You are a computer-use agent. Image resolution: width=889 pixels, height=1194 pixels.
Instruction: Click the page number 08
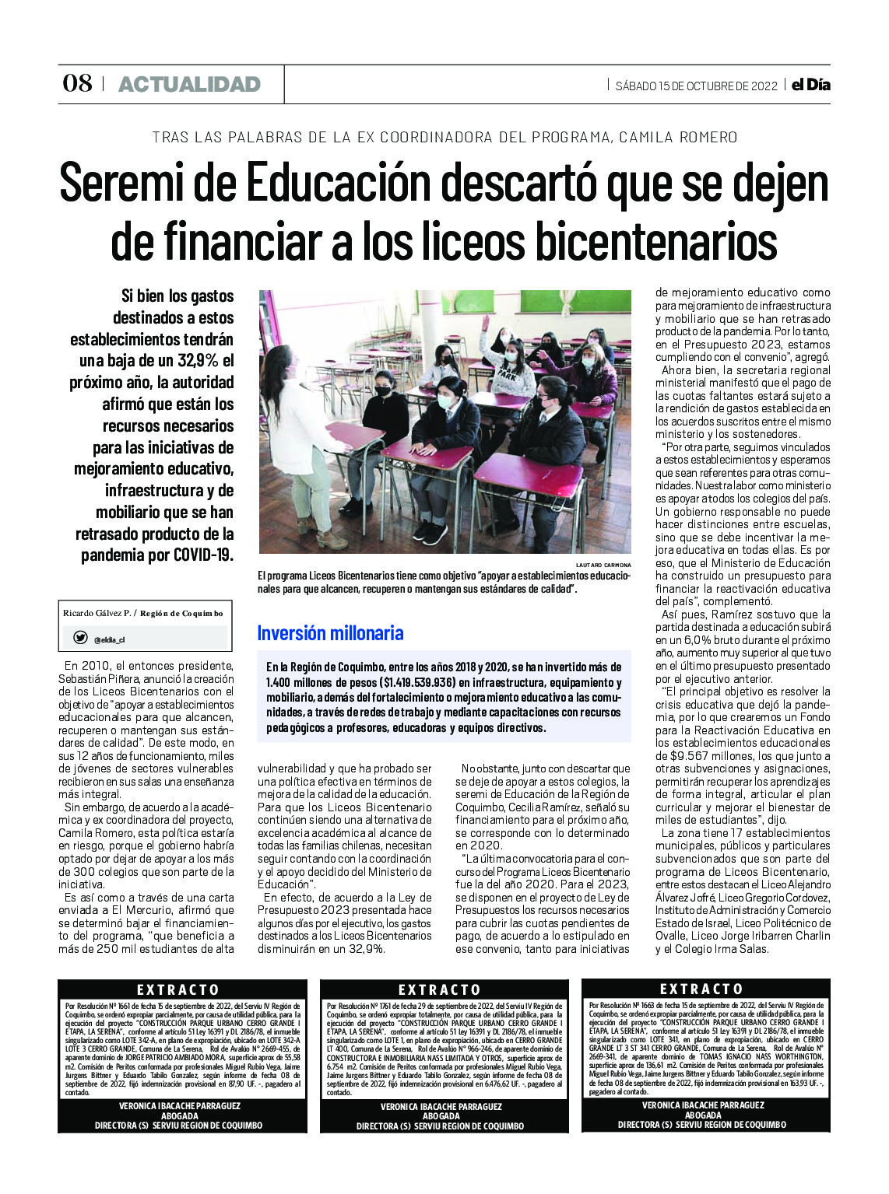[77, 83]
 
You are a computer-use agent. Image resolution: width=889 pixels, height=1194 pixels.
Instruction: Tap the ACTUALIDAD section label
[189, 84]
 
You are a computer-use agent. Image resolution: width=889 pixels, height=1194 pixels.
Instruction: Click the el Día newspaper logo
[810, 85]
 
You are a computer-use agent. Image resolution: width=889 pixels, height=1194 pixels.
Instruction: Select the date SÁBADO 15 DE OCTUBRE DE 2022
[696, 86]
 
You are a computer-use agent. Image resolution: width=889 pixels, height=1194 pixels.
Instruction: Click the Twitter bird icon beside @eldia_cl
[80, 638]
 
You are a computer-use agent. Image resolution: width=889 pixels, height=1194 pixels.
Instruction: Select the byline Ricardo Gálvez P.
[97, 613]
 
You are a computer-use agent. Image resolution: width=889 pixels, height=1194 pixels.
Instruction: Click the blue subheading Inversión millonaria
[330, 633]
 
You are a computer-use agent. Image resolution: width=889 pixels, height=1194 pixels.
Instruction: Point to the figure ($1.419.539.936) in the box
[417, 683]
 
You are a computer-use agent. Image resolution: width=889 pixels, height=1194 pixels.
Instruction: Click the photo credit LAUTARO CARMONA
[603, 565]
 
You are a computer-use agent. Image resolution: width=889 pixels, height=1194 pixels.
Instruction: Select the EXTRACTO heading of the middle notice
[440, 989]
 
